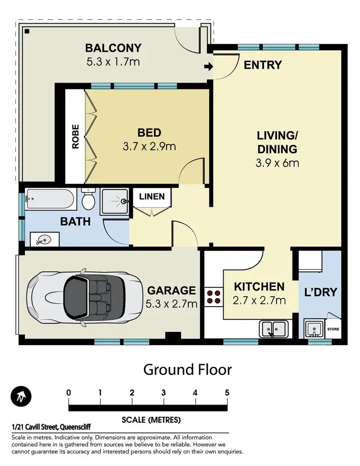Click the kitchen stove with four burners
click(x=214, y=297)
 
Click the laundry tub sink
click(x=313, y=330)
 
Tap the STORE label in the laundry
click(x=333, y=330)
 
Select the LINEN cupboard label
click(x=152, y=196)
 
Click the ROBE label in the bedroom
click(x=75, y=137)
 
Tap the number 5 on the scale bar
click(x=227, y=393)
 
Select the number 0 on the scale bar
click(x=69, y=393)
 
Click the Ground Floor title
click(x=188, y=370)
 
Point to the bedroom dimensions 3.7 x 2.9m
click(x=149, y=146)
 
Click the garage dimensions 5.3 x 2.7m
click(x=172, y=303)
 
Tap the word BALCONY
click(x=113, y=48)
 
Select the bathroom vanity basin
click(x=43, y=239)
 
